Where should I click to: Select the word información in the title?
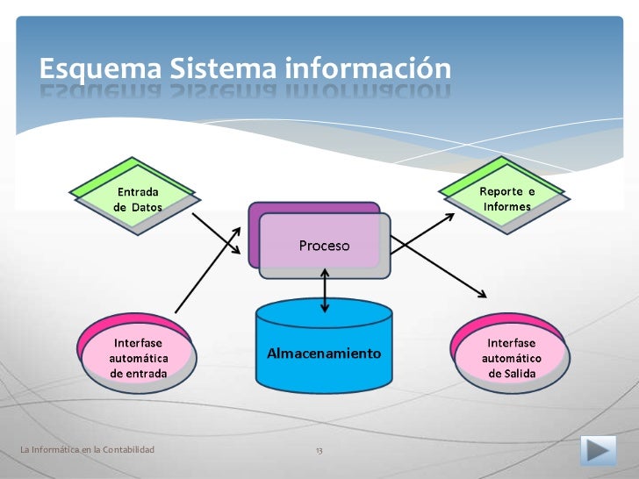(x=367, y=68)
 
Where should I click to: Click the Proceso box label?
(x=324, y=246)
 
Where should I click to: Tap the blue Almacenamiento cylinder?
(x=324, y=351)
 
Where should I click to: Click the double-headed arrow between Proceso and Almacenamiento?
(x=326, y=290)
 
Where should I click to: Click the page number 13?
(x=319, y=450)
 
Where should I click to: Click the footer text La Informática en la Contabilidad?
(x=87, y=450)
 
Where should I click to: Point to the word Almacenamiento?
(x=324, y=354)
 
